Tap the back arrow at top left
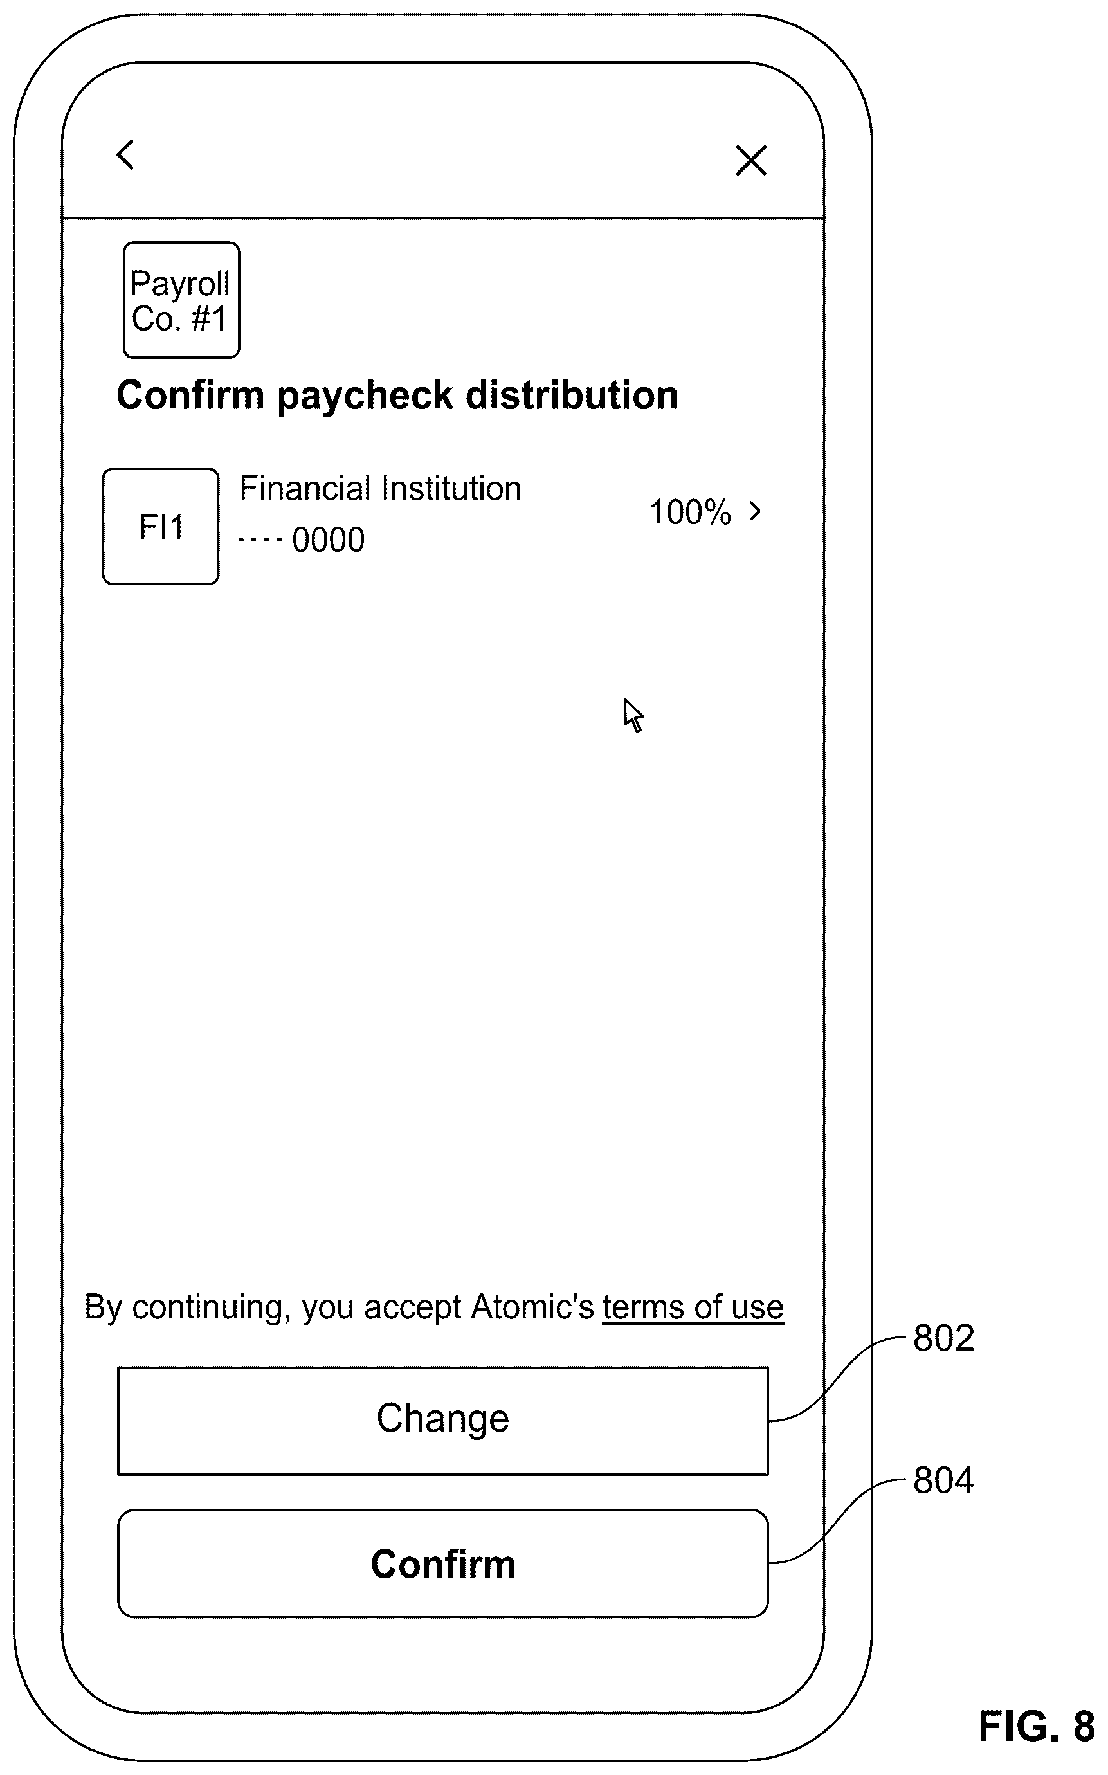pyautogui.click(x=125, y=154)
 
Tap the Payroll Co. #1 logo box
pyautogui.click(x=181, y=300)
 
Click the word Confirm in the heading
pyautogui.click(x=190, y=395)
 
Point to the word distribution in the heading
pyautogui.click(x=572, y=395)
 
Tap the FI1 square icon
pyautogui.click(x=161, y=526)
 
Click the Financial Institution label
pyautogui.click(x=380, y=488)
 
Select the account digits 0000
pyautogui.click(x=329, y=540)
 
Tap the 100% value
pyautogui.click(x=690, y=513)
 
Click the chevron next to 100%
pyautogui.click(x=756, y=511)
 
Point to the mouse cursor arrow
pyautogui.click(x=633, y=715)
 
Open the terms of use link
pyautogui.click(x=693, y=1307)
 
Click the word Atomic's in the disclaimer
pyautogui.click(x=532, y=1307)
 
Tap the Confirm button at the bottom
pyautogui.click(x=443, y=1563)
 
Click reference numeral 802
pyautogui.click(x=944, y=1338)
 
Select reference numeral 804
pyautogui.click(x=944, y=1480)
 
